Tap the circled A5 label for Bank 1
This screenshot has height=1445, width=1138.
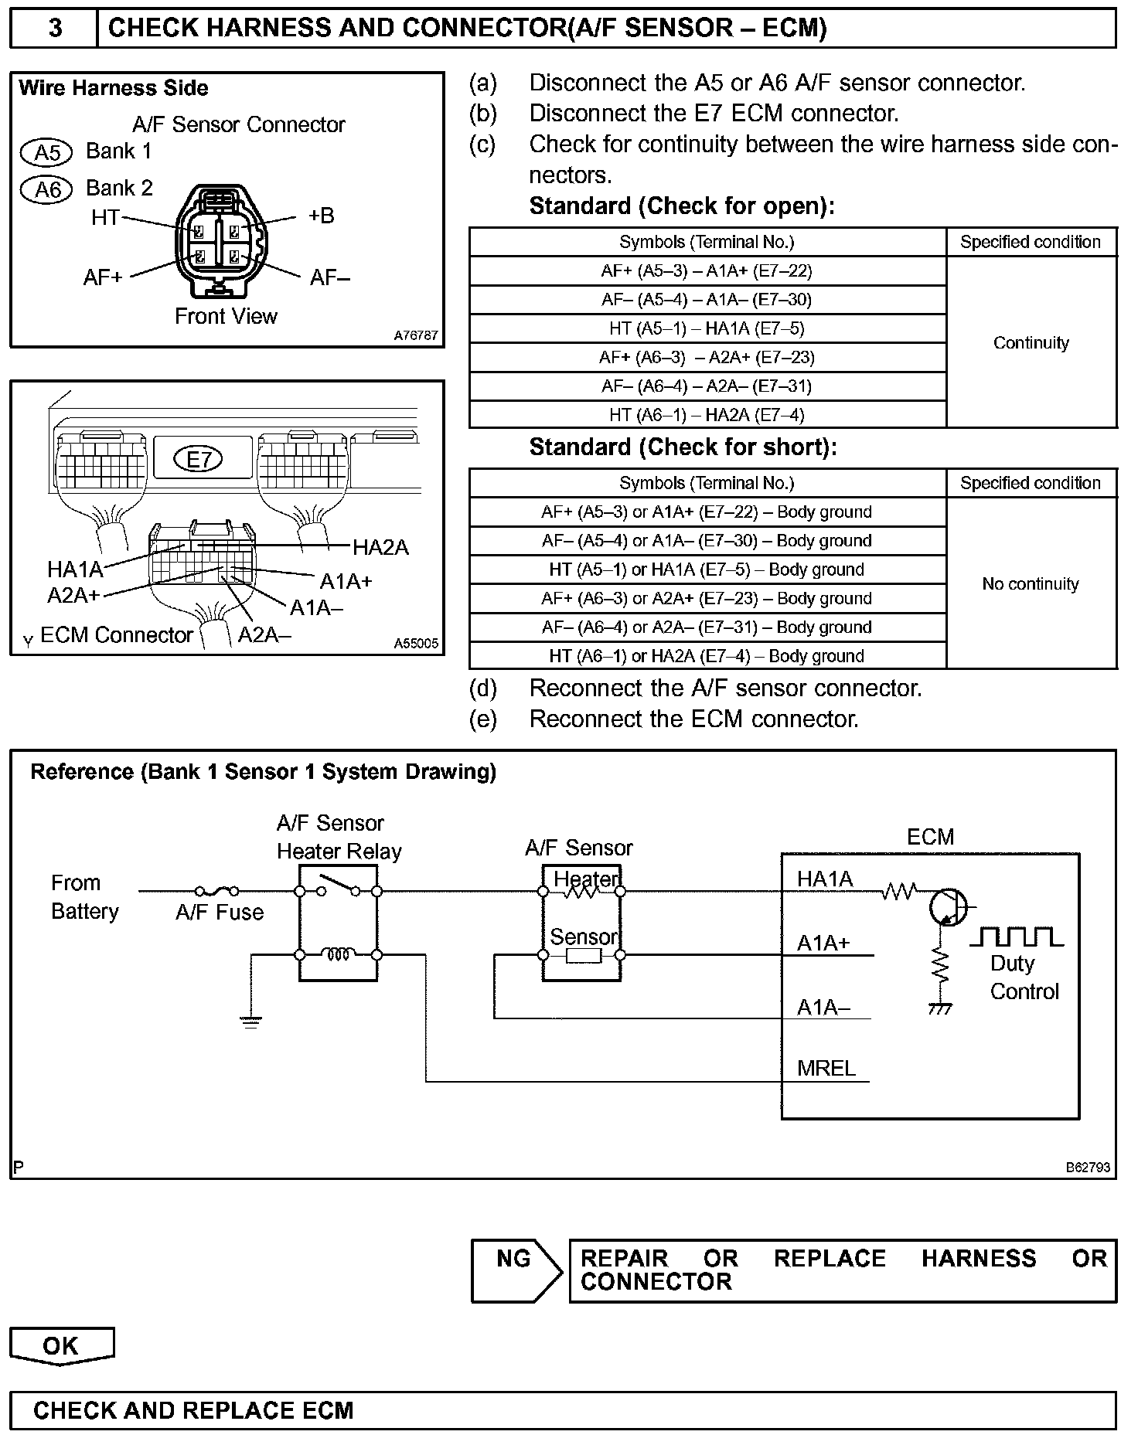coord(46,152)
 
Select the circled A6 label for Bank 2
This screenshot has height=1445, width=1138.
coord(46,189)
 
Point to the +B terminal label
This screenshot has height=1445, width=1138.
coord(321,216)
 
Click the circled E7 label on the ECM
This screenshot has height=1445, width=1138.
coord(199,460)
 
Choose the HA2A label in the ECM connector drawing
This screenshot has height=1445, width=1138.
coord(380,548)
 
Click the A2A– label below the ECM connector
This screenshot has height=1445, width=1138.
coord(264,635)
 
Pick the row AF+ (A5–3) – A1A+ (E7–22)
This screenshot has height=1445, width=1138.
coord(707,271)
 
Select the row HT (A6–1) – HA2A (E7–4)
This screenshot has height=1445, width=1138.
coord(707,415)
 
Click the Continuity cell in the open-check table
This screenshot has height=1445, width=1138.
coord(1031,342)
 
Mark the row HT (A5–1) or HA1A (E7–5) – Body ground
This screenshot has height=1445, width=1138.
coord(707,569)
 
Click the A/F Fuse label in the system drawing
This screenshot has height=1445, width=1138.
coord(220,913)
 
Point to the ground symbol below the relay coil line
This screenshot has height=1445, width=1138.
coord(250,1022)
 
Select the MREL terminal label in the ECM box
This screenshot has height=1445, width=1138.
coord(826,1069)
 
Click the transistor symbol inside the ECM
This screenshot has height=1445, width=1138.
coord(949,907)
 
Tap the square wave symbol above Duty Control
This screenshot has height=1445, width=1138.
coord(1016,937)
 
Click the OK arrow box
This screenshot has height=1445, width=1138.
coord(61,1346)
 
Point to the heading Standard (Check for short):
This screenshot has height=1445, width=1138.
coord(683,447)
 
